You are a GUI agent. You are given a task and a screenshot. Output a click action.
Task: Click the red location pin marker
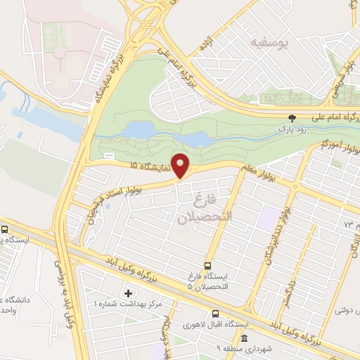(181, 166)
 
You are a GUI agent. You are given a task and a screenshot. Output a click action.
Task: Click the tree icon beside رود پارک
(293, 117)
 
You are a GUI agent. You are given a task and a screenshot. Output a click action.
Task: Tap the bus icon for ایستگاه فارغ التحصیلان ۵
(207, 266)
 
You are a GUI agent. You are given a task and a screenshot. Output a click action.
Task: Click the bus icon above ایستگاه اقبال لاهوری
(216, 314)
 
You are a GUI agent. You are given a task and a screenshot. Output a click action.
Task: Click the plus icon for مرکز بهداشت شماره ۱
(128, 292)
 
